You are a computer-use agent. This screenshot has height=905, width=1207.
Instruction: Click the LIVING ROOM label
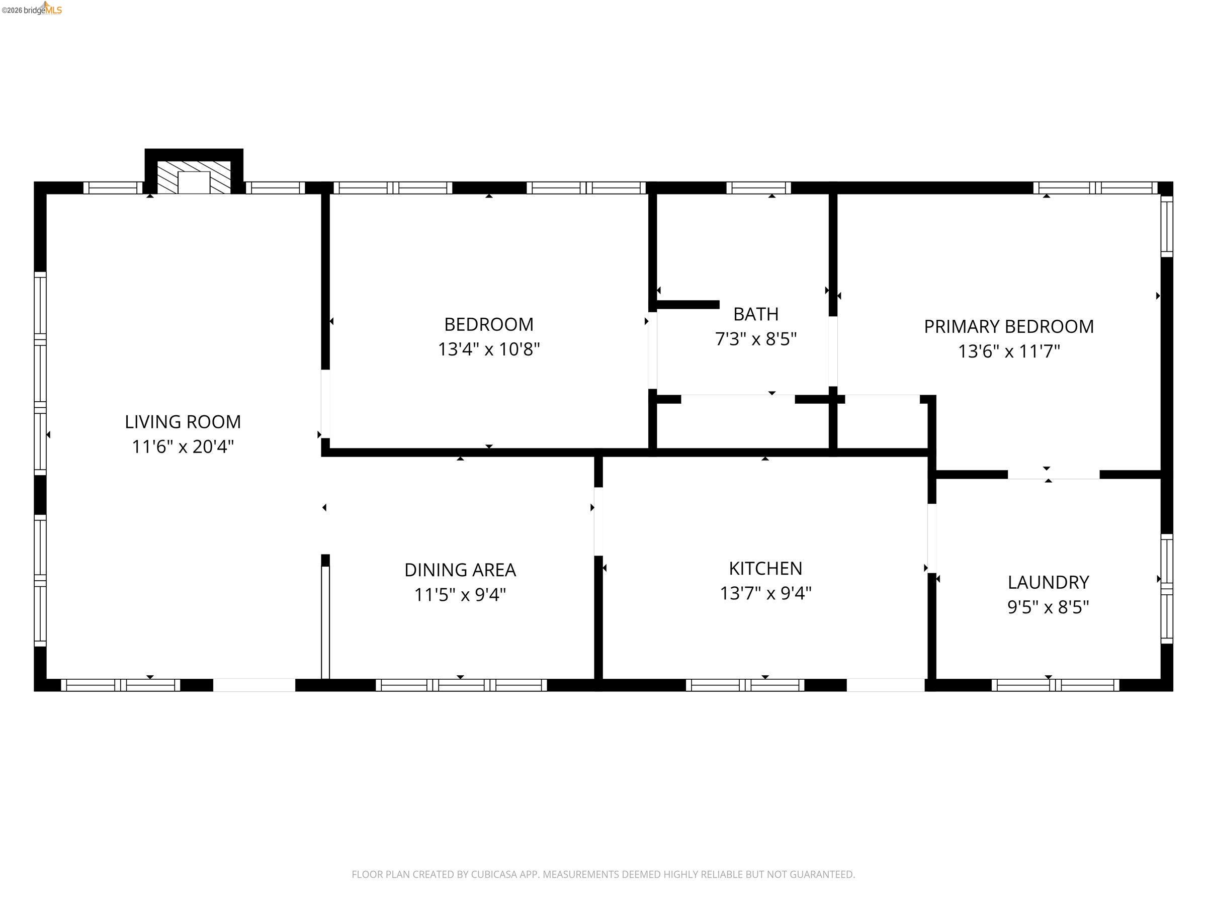click(182, 422)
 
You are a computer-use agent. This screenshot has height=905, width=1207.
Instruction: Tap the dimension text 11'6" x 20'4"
click(182, 447)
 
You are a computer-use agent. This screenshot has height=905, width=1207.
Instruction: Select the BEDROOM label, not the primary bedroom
click(488, 325)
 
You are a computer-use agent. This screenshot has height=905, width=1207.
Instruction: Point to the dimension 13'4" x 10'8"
click(488, 349)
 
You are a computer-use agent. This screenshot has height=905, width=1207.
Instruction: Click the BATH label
click(755, 314)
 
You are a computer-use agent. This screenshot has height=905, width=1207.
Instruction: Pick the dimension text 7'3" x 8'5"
click(755, 339)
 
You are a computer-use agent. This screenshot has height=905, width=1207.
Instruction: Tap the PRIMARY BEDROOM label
click(1008, 326)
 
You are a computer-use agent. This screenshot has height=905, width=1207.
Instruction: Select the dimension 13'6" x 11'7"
click(1008, 351)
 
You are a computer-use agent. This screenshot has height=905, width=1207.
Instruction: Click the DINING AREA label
click(460, 570)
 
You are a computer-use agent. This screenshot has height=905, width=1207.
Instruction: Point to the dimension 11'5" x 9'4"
click(460, 595)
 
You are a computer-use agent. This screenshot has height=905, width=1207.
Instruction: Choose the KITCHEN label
click(765, 569)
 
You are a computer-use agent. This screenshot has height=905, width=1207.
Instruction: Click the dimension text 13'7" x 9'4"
click(765, 593)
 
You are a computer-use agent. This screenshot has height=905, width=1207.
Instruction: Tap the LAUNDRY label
click(1048, 583)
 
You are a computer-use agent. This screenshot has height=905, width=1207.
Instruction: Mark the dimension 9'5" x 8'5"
click(1048, 607)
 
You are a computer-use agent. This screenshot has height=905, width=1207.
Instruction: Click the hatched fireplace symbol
click(194, 177)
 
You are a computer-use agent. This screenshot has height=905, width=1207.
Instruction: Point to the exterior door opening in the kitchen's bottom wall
click(885, 685)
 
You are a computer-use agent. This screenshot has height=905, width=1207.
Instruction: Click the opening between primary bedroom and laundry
click(1053, 475)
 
